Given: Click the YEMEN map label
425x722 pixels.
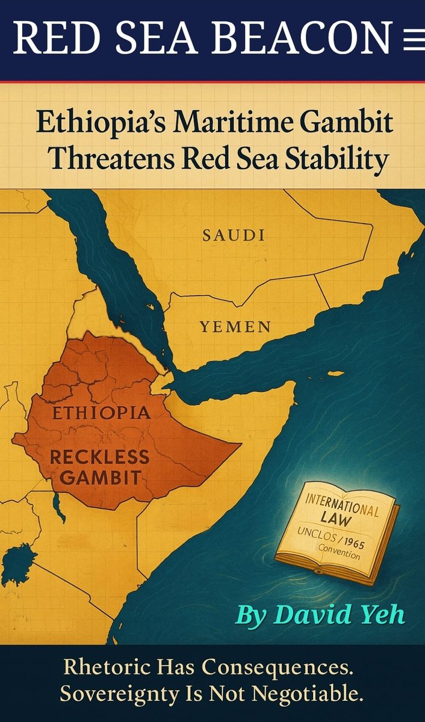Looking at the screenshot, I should click(235, 327).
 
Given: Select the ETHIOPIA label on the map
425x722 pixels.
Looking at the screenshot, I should click(101, 413).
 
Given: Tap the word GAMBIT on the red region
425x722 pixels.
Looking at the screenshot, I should click(95, 478).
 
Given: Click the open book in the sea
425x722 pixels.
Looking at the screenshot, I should click(338, 535).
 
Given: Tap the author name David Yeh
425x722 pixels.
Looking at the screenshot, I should click(320, 615).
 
